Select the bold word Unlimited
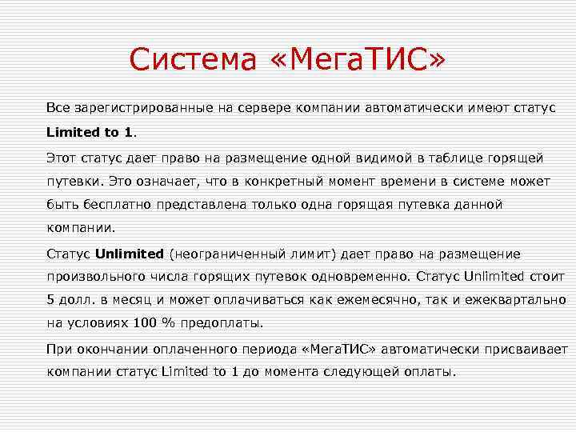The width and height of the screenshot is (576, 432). pos(129,254)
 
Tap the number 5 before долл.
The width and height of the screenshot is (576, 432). pos(50,300)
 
